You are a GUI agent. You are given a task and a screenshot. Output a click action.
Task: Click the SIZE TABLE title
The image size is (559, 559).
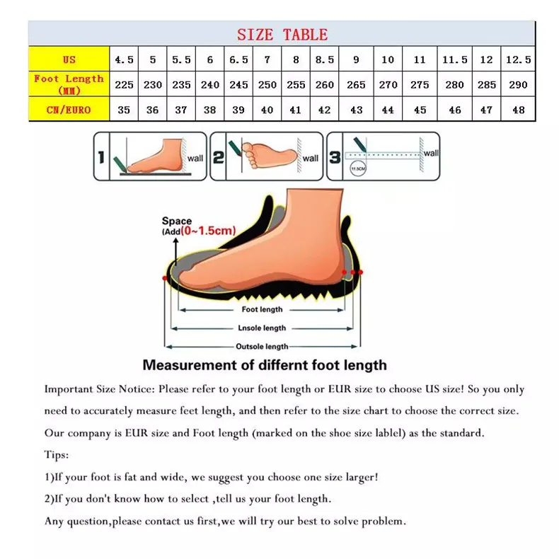coord(282,34)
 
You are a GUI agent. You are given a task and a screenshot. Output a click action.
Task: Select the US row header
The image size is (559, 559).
coord(69,59)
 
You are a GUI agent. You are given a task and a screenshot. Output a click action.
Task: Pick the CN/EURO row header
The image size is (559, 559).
coord(69,110)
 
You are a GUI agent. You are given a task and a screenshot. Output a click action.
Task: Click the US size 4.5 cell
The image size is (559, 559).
coord(124,59)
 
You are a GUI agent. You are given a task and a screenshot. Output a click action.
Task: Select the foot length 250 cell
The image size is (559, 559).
coord(267,84)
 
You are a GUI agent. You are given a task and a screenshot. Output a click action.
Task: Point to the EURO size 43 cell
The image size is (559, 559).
coord(356,110)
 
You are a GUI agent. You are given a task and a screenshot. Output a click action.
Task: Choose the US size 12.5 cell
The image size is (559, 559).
coord(518,59)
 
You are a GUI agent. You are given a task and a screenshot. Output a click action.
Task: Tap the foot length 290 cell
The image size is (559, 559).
coord(518,84)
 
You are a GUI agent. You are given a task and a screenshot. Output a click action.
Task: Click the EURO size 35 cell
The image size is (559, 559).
coord(124,110)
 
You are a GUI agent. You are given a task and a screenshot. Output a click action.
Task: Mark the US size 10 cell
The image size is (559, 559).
coord(388,59)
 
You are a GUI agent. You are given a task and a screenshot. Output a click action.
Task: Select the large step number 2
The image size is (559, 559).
coord(219,156)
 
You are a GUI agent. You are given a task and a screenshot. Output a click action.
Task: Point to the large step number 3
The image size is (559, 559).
coord(335,156)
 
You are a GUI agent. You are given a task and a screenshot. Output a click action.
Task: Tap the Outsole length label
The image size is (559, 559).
coord(262,347)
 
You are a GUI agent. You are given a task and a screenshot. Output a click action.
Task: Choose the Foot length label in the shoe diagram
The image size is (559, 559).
coord(262,309)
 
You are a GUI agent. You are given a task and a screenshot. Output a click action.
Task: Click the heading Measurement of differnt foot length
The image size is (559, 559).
coord(265,365)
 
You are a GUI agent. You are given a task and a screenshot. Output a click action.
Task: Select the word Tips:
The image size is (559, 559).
coord(57,455)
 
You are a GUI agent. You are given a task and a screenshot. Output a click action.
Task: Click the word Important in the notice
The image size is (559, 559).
coord(67,389)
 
